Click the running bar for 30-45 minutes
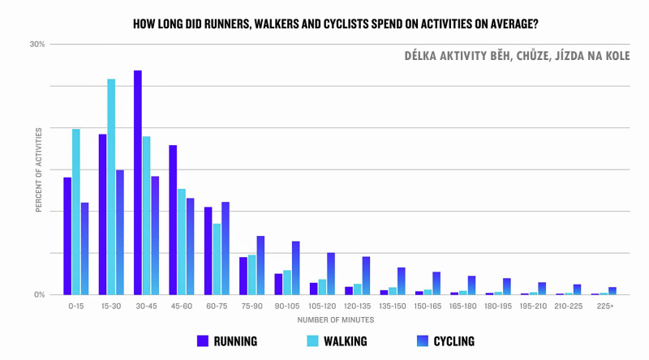click(x=138, y=182)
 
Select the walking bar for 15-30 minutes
click(x=111, y=186)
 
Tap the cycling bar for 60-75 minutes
click(x=226, y=248)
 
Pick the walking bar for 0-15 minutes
click(x=76, y=212)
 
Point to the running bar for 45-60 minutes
click(x=173, y=220)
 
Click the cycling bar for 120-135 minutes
click(x=366, y=276)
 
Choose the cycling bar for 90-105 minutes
click(x=296, y=268)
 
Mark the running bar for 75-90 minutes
click(x=243, y=276)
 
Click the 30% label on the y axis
click(x=37, y=44)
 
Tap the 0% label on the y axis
click(x=39, y=295)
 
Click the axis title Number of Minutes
click(x=335, y=319)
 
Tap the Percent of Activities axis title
click(x=38, y=169)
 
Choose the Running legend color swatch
click(x=203, y=341)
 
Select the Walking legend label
click(x=344, y=341)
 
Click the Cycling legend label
click(x=453, y=341)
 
